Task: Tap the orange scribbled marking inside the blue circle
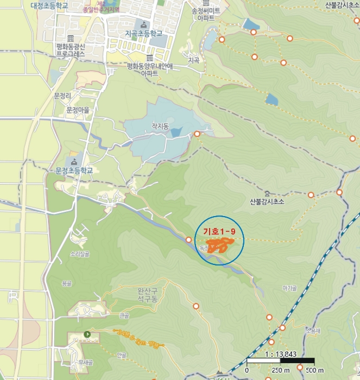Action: click(x=217, y=246)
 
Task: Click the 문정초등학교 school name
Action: click(x=74, y=170)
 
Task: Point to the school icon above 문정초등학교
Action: click(x=74, y=162)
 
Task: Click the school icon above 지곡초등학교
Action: click(x=144, y=24)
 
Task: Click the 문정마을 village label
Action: click(x=78, y=110)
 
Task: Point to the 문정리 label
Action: click(x=63, y=96)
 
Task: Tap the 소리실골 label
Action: click(x=79, y=254)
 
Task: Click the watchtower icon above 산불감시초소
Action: click(x=267, y=193)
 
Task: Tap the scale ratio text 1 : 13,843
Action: click(x=280, y=354)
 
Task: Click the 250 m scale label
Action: click(x=280, y=370)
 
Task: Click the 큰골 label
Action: click(x=124, y=315)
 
